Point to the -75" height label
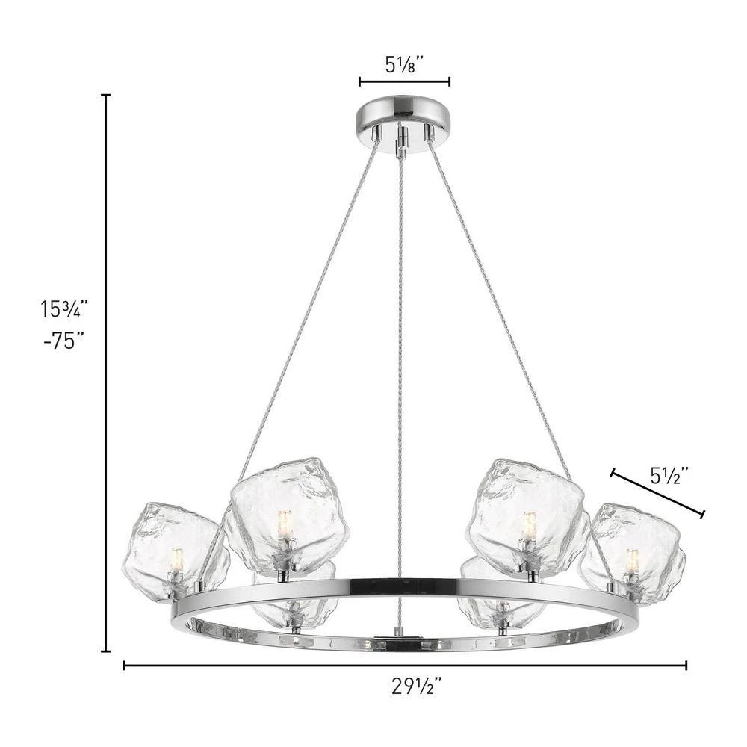click(63, 341)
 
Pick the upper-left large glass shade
click(290, 516)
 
